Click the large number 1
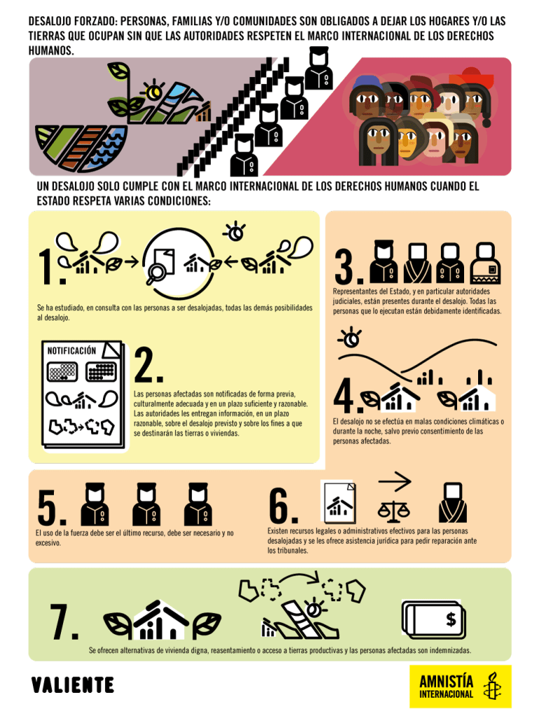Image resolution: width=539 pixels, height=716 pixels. click(47, 266)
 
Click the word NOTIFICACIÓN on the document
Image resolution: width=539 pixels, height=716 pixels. click(71, 351)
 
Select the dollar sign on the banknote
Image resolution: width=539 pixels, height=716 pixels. click(451, 620)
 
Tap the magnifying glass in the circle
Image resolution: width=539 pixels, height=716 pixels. click(156, 272)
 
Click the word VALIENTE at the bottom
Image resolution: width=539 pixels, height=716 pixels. click(72, 685)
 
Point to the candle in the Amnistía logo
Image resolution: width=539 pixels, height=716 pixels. click(492, 685)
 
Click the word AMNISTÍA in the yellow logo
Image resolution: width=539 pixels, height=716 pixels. click(446, 681)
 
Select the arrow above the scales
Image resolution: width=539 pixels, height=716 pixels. click(395, 481)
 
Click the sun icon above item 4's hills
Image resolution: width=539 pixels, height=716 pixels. click(351, 338)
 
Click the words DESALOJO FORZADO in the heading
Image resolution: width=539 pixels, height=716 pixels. click(72, 21)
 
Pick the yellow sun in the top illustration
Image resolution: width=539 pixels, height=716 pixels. click(152, 92)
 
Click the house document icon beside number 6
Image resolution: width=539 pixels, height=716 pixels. click(338, 501)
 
